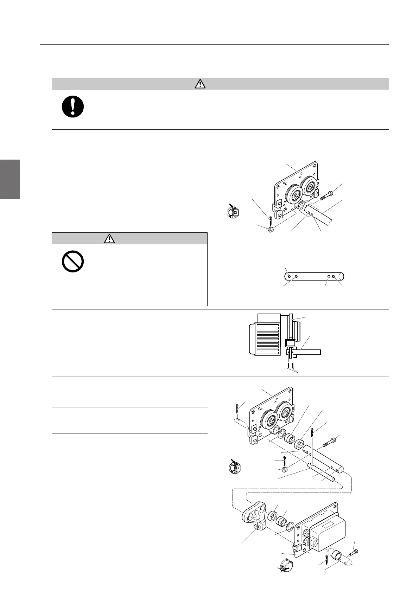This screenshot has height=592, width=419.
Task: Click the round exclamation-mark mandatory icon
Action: [x=73, y=106]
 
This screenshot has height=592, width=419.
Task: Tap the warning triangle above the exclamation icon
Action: [x=200, y=84]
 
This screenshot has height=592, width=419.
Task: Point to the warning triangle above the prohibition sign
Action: [x=110, y=239]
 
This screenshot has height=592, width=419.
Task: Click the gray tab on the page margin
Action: [x=10, y=179]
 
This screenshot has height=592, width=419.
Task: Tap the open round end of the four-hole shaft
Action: [x=342, y=276]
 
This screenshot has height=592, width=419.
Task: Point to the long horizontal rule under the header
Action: [x=214, y=45]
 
